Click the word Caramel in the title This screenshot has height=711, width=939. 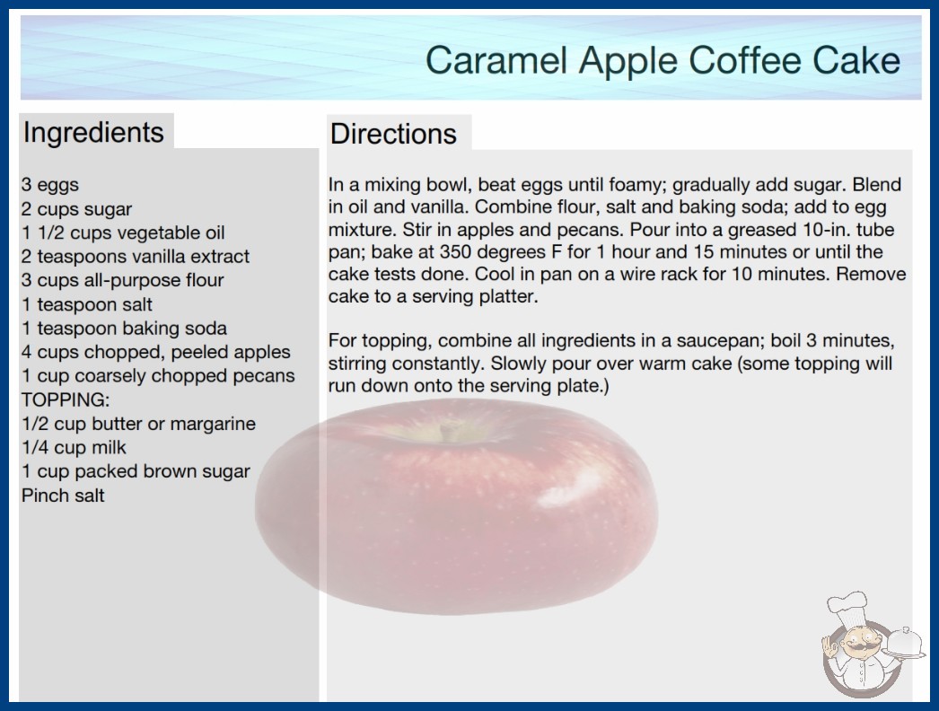[497, 60]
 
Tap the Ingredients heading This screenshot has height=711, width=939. [93, 133]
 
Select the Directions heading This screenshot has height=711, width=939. [393, 134]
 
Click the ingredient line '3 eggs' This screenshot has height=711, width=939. [50, 185]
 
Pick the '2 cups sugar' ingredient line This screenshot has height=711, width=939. [76, 209]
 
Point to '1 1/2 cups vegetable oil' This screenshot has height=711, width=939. [123, 233]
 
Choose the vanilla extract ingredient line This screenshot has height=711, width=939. [136, 257]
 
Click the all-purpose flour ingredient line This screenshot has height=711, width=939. [123, 280]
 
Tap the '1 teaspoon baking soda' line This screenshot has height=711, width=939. [125, 329]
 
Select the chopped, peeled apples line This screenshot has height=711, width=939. [156, 352]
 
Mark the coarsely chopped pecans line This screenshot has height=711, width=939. [159, 375]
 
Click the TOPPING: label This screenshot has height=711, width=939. [66, 399]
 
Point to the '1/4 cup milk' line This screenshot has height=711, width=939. [75, 447]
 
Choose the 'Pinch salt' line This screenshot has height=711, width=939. [63, 496]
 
